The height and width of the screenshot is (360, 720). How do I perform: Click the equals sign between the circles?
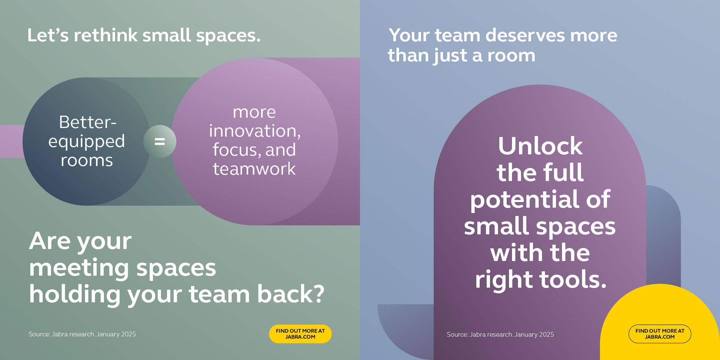(160, 142)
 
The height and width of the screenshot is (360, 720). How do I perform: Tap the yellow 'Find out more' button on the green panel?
(300, 334)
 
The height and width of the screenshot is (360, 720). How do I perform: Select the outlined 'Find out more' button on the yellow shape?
(660, 334)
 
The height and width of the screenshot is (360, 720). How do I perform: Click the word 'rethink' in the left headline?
(106, 35)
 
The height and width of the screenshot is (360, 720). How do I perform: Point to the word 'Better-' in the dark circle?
(88, 122)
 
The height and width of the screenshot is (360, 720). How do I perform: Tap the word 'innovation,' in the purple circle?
(255, 131)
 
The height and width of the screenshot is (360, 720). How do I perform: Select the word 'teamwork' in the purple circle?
(254, 169)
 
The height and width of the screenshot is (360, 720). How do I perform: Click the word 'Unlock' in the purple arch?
(540, 146)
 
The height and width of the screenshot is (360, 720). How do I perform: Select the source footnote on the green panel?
(82, 334)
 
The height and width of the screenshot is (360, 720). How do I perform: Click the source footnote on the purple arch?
(500, 334)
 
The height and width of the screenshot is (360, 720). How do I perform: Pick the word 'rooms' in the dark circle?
(87, 161)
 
